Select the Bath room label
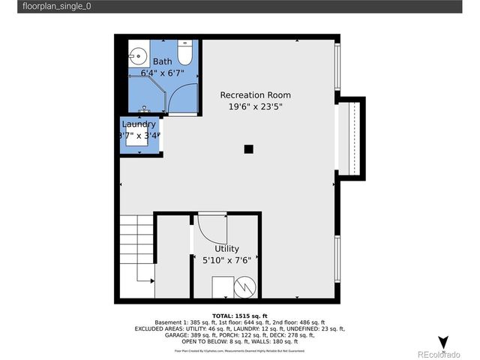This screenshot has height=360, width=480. click(x=163, y=61)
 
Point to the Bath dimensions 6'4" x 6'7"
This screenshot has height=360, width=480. click(x=163, y=73)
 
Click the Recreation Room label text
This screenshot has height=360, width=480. click(x=255, y=95)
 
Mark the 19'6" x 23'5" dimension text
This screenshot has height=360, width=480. click(x=255, y=107)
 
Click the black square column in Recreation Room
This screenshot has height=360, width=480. click(x=248, y=148)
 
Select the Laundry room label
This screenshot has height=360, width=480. click(x=139, y=124)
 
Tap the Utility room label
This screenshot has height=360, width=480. click(x=226, y=249)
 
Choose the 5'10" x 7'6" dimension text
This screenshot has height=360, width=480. click(x=226, y=261)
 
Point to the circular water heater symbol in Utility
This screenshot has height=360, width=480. click(x=245, y=286)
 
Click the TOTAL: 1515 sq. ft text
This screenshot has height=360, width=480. click(x=240, y=316)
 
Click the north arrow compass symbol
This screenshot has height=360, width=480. click(x=443, y=343)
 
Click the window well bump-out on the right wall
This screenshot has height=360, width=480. click(x=351, y=138)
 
